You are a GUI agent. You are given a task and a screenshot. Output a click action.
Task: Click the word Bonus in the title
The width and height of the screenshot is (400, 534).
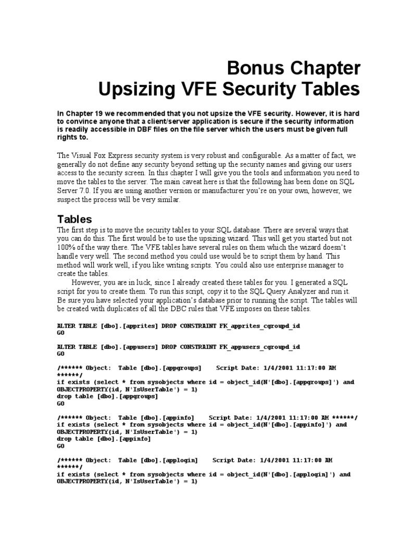253,68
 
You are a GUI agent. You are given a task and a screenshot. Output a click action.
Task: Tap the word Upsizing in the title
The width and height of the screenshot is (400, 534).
137,89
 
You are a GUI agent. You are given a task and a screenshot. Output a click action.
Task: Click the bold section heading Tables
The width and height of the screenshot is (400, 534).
74,219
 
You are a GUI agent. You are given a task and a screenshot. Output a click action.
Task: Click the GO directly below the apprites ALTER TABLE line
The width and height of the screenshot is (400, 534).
60,332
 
